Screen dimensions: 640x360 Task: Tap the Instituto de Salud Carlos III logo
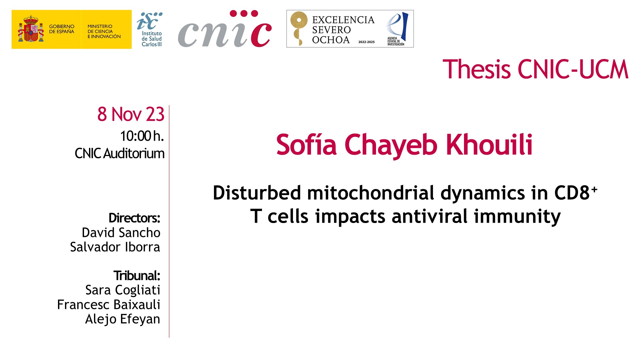click(150, 29)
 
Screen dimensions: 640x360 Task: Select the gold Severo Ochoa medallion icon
click(299, 28)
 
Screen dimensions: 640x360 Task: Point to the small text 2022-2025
click(366, 42)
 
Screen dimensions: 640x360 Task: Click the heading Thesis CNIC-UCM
click(535, 69)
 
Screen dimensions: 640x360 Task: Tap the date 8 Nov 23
click(131, 114)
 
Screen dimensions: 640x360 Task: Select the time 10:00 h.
click(142, 136)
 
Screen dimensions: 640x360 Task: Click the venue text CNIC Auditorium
click(119, 153)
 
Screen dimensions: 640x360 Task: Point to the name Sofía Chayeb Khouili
click(404, 145)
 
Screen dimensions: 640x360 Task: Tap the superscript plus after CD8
click(594, 189)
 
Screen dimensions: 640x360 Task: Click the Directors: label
click(134, 218)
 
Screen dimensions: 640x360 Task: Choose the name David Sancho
click(121, 233)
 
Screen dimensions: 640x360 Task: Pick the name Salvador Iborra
click(115, 247)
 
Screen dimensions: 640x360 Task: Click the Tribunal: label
click(137, 276)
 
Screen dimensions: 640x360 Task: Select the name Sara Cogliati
click(123, 290)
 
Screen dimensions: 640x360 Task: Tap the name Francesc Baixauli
click(109, 305)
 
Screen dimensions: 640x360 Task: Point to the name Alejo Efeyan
click(123, 319)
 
